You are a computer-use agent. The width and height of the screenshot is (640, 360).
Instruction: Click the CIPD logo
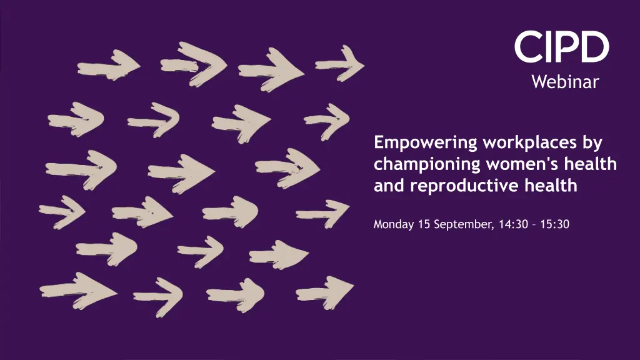(x=562, y=47)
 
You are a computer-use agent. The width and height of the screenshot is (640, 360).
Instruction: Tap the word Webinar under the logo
(x=565, y=82)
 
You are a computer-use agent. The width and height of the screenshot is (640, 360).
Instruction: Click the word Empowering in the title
(x=425, y=143)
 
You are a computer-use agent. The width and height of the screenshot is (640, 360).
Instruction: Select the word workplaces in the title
(x=530, y=143)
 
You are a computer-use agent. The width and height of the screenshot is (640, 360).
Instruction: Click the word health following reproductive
(x=551, y=185)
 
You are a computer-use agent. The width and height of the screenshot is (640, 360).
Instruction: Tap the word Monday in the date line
(x=394, y=224)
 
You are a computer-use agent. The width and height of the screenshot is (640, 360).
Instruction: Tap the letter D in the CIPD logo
(x=594, y=47)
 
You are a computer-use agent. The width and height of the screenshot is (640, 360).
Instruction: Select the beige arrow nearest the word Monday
(x=323, y=214)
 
